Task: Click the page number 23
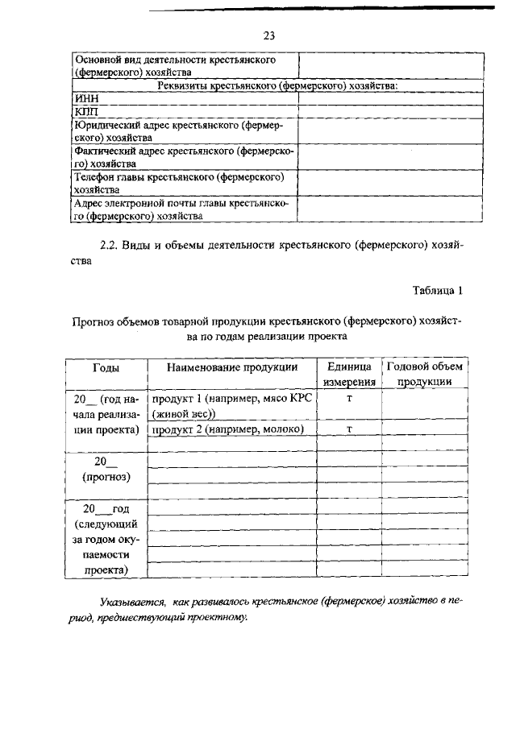[x=269, y=35]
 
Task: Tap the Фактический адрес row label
[x=184, y=157]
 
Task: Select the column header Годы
[x=106, y=367]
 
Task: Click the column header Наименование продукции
[x=232, y=367]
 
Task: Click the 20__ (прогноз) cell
[x=106, y=469]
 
